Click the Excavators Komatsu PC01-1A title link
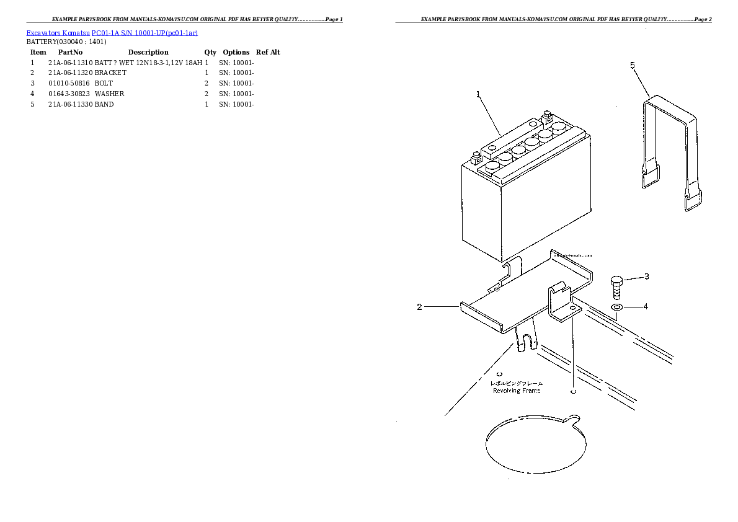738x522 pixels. click(x=112, y=32)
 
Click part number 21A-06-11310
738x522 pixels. click(x=70, y=63)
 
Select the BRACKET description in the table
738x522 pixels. click(x=110, y=73)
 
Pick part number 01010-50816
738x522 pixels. click(x=69, y=83)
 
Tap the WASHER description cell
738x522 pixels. click(x=109, y=94)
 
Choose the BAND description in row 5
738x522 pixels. click(x=104, y=104)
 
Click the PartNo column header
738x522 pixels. click(x=70, y=52)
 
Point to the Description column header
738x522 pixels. click(x=148, y=52)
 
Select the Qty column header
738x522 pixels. click(x=210, y=52)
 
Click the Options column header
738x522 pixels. click(x=236, y=52)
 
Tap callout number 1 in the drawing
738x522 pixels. click(x=478, y=94)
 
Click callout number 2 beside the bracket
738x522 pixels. click(x=419, y=307)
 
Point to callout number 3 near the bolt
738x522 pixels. click(x=646, y=276)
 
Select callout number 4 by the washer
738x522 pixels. click(x=646, y=306)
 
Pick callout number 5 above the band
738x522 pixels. click(x=633, y=65)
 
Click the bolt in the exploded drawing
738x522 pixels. click(x=617, y=288)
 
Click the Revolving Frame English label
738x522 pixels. click(x=516, y=391)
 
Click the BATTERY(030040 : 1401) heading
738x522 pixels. click(x=66, y=42)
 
